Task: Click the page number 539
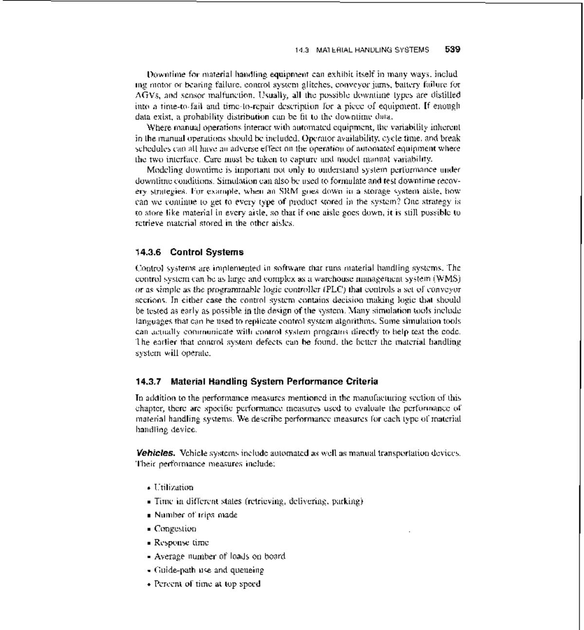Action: (452, 49)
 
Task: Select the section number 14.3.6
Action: (148, 252)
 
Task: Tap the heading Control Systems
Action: (207, 252)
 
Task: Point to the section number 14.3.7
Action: (148, 381)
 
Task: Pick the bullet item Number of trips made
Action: (196, 515)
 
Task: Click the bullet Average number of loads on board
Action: (219, 556)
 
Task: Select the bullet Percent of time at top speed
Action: (207, 583)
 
